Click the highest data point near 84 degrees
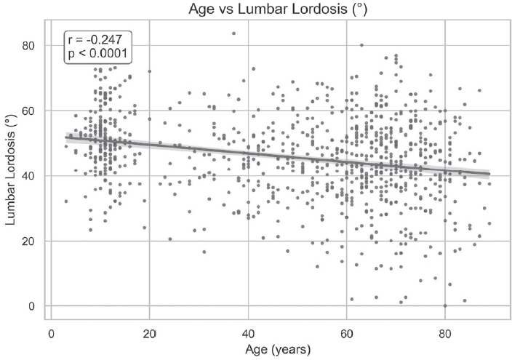tap(233, 33)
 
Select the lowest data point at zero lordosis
tap(445, 305)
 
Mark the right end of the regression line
tap(489, 174)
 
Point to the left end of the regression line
tap(66, 137)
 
